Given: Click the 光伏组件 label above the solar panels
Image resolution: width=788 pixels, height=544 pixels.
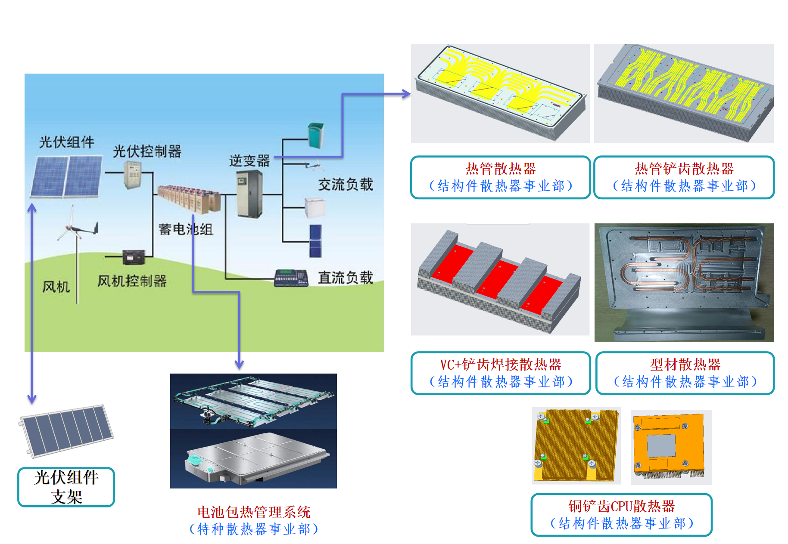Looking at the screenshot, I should click(67, 142).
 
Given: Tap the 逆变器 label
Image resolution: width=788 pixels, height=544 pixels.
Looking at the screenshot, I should click(249, 161).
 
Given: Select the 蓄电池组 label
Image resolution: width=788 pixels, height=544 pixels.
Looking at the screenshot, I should click(186, 229).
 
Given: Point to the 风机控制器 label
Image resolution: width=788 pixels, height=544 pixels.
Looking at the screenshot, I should click(132, 281).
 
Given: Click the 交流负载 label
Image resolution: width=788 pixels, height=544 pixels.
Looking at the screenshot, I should click(346, 185).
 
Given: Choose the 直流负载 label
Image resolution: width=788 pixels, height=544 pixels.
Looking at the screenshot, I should click(346, 278).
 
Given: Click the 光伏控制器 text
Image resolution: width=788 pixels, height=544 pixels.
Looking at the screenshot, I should click(147, 151).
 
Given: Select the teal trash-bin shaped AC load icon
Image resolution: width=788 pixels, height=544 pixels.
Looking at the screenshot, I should click(316, 135).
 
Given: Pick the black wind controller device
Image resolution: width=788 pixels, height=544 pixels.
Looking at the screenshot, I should click(134, 257).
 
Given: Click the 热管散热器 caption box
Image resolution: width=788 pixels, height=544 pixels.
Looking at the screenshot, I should click(500, 177).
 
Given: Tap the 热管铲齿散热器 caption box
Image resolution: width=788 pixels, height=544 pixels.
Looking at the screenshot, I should click(684, 177).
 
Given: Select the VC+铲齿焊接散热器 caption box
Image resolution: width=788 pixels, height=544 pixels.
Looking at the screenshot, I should click(500, 373).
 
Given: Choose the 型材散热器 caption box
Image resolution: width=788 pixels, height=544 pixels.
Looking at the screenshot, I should click(685, 373).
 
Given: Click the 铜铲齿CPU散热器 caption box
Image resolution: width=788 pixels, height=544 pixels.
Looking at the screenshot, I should click(621, 514).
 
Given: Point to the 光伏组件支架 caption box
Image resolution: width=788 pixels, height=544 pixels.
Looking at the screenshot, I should click(66, 487).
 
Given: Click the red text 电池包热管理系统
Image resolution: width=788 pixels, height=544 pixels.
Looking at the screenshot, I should click(254, 512).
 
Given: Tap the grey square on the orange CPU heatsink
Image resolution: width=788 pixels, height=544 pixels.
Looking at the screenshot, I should click(661, 446).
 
